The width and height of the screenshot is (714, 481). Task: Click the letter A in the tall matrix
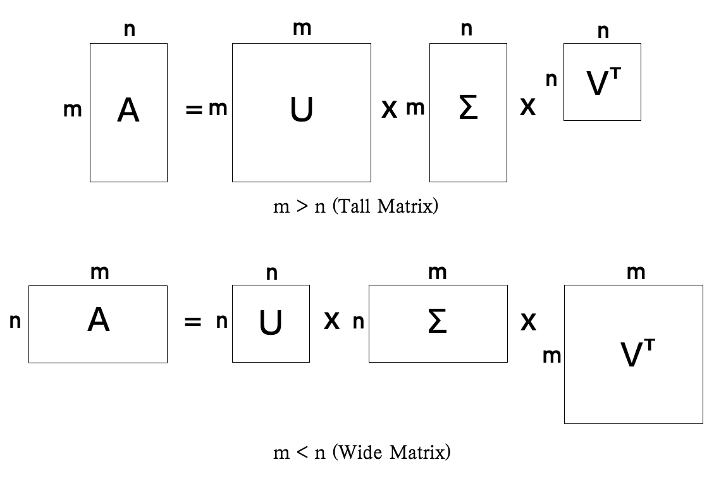pos(128,111)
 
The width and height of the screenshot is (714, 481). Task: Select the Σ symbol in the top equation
pos(467,109)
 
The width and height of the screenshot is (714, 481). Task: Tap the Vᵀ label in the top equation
pos(602,85)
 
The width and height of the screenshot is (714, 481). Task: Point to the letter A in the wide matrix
pos(98,322)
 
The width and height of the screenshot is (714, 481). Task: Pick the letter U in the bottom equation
pos(271,323)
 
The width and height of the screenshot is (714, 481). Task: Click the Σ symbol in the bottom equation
pos(438,322)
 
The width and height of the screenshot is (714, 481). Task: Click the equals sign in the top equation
pos(193,110)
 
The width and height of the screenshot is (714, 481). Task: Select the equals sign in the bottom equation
pos(192,322)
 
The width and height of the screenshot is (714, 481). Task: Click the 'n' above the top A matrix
pos(129,29)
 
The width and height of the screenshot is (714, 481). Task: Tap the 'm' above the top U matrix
pos(302,28)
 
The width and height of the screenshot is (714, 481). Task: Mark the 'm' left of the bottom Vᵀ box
pos(551,356)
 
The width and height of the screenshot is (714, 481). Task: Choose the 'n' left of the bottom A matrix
pos(15,322)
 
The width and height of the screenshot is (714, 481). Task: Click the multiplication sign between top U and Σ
pos(389,110)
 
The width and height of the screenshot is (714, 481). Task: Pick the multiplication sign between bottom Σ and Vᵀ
pos(528,323)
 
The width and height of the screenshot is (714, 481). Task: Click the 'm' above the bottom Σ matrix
pos(438,273)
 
